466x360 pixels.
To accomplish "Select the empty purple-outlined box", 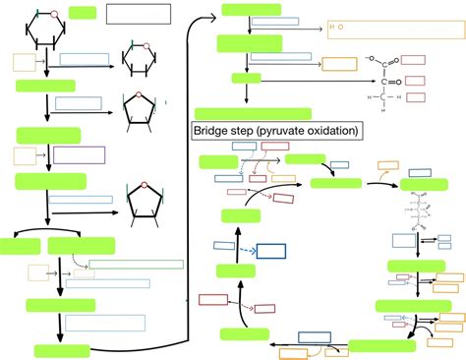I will point(79,154).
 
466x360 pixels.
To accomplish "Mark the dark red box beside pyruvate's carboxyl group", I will point(414,61).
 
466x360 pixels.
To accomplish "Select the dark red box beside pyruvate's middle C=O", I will point(414,81).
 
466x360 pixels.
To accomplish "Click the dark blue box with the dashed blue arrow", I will point(270,251).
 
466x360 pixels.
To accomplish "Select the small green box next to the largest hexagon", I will point(83,13).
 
